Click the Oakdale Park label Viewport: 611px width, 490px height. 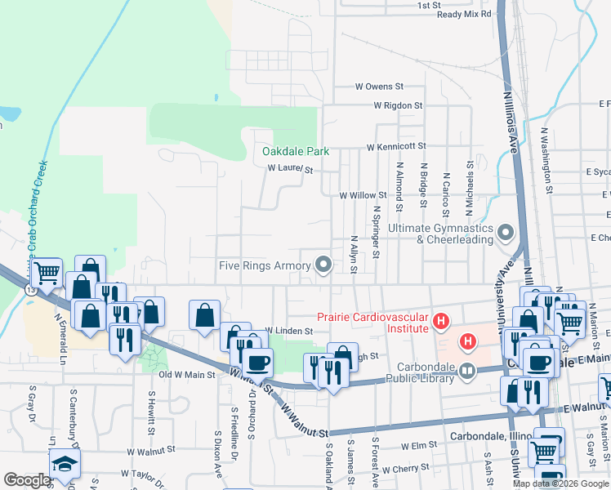(x=295, y=151)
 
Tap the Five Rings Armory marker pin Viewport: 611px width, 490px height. (x=324, y=264)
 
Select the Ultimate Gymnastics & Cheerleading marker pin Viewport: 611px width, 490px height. (x=506, y=234)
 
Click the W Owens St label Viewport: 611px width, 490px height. (x=379, y=86)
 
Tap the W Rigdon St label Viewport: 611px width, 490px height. (x=398, y=105)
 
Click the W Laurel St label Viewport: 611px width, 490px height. (x=291, y=169)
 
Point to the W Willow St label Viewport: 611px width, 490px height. (x=363, y=195)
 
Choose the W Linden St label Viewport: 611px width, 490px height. (x=289, y=331)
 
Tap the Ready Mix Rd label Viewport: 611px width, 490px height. (x=464, y=14)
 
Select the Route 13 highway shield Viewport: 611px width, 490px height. (x=30, y=289)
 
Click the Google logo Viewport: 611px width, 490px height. (x=26, y=480)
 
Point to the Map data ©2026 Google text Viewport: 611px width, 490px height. (x=560, y=483)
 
